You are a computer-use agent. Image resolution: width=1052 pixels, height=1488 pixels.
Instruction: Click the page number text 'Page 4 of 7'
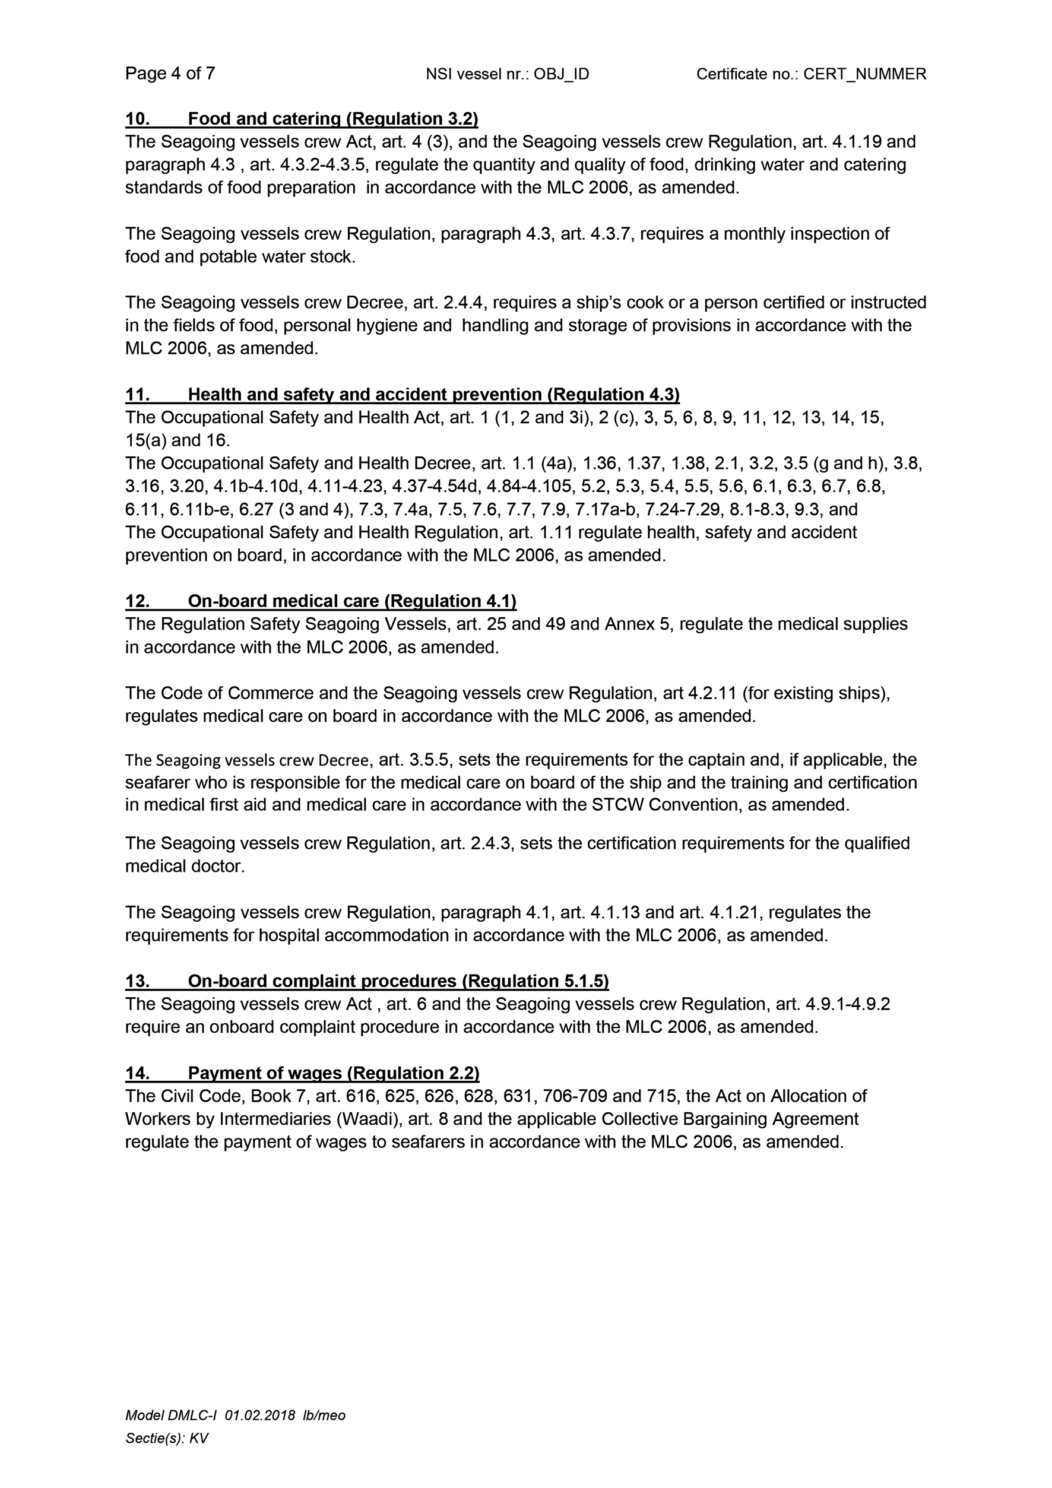(170, 73)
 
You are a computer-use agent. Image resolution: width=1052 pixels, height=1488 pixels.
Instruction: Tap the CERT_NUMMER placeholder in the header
(864, 75)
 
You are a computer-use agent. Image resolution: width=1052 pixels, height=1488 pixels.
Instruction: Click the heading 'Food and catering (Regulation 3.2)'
(332, 119)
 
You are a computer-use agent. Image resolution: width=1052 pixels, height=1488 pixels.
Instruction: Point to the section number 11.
(137, 395)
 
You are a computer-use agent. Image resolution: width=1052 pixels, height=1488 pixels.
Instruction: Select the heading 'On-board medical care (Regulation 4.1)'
(352, 601)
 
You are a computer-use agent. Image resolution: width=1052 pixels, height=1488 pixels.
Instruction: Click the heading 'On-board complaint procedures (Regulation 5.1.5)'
(398, 981)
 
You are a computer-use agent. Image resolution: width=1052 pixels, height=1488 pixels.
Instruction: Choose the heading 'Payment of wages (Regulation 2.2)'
(333, 1073)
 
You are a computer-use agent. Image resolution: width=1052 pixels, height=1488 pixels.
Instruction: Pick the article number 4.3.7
(612, 234)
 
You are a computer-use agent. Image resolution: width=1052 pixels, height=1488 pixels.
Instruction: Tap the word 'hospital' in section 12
(290, 935)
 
